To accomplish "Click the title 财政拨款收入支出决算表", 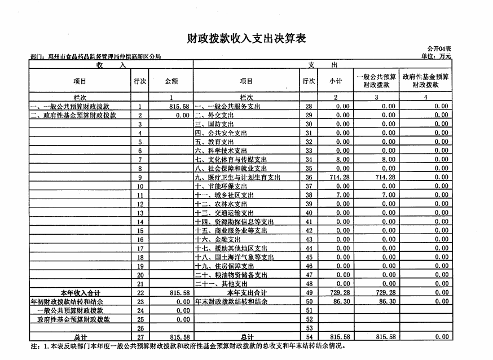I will tap(246, 38).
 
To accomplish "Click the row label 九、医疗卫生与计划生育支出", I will tap(237, 177).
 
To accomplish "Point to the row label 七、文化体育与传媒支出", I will tap(231, 160).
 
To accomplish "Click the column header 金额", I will tap(171, 81).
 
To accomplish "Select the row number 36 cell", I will tap(309, 177).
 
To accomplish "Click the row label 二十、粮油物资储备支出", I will tap(231, 275).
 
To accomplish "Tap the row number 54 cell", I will tap(309, 337).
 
